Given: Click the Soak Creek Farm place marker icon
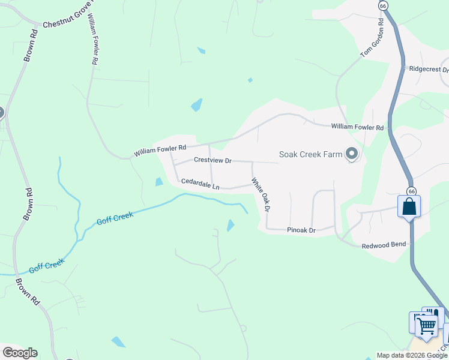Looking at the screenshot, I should (x=352, y=154).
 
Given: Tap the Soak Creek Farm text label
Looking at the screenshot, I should (x=310, y=154).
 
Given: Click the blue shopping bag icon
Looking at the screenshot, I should (x=409, y=206).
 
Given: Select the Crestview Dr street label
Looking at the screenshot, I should (x=212, y=160).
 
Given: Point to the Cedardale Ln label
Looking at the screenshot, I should (x=200, y=183).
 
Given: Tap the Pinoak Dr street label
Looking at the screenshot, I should (x=301, y=230).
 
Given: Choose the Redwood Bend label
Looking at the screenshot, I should (x=384, y=244).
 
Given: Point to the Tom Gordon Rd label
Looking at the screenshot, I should (x=372, y=38).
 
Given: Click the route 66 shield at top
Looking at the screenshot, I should (x=382, y=5).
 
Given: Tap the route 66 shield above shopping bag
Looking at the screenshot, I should (x=411, y=190).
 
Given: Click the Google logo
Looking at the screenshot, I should (x=19, y=353).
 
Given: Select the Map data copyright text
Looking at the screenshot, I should (x=411, y=355).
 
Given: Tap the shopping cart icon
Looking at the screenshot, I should (x=426, y=326).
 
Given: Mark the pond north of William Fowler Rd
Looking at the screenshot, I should (x=196, y=105).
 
